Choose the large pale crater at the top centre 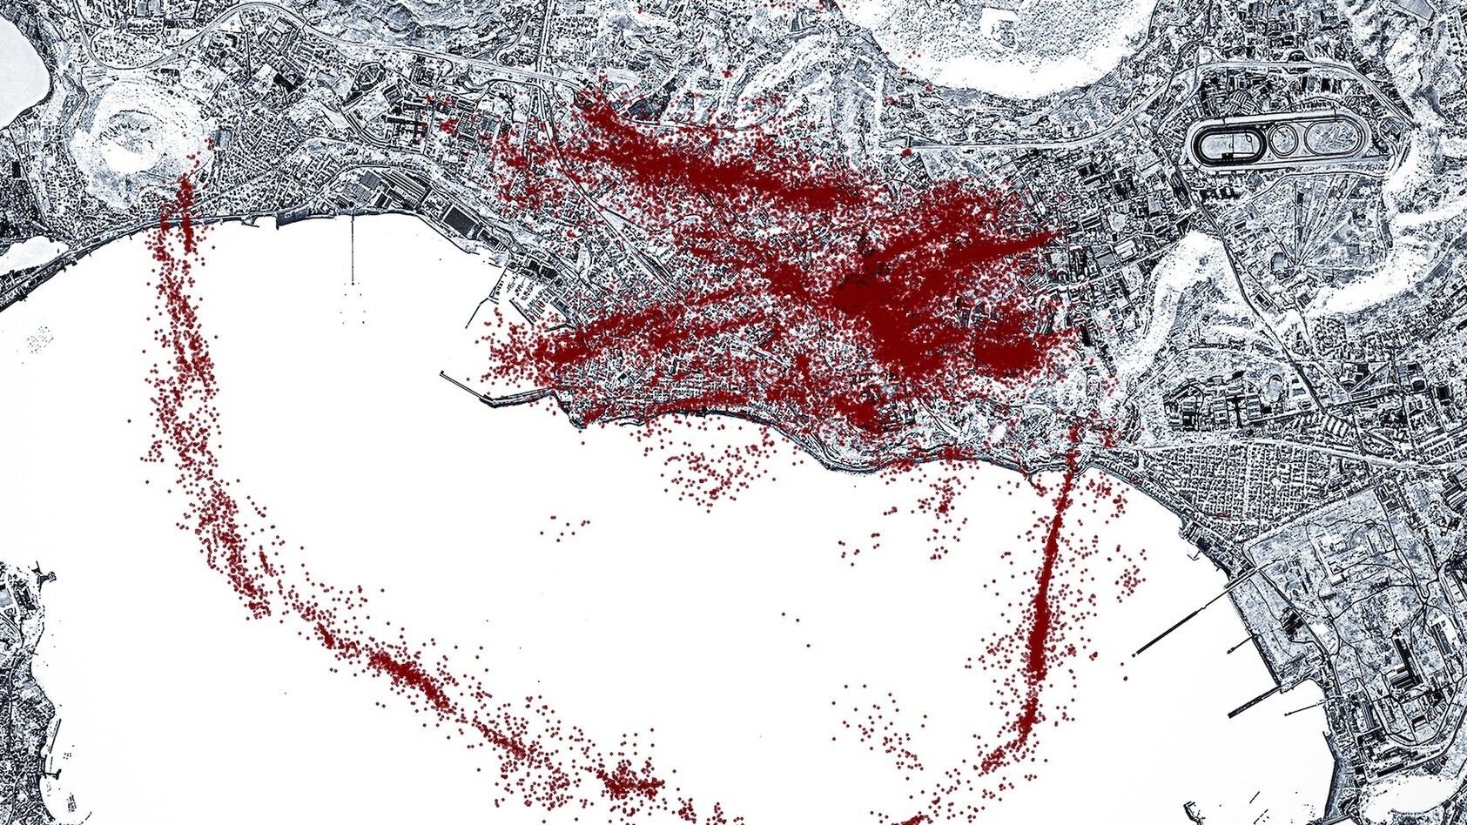click(1001, 39)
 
